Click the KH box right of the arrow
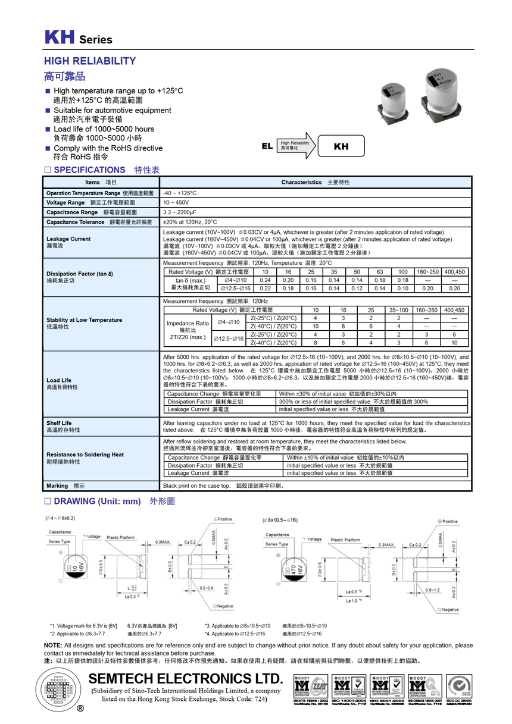341,146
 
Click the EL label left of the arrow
267,146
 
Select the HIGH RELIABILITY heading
90,61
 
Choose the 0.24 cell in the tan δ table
266,280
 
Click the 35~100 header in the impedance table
398,310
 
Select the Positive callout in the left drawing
223,519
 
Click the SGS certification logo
460,691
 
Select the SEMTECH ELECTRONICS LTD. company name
185,679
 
